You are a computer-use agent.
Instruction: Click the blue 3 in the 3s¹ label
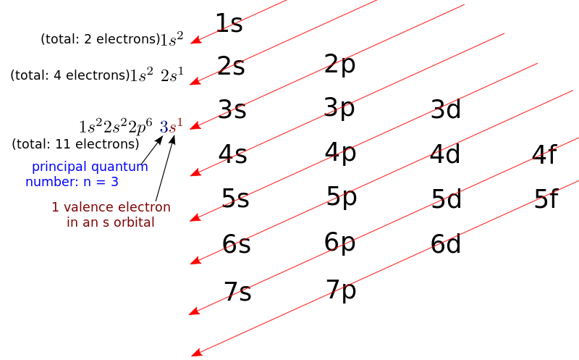click(164, 127)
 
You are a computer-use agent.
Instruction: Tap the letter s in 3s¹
click(172, 129)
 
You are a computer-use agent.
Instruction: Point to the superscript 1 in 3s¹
click(179, 122)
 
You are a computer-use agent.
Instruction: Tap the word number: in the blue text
click(49, 183)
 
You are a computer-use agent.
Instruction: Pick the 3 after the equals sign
click(114, 182)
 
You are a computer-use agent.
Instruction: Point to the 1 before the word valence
click(55, 207)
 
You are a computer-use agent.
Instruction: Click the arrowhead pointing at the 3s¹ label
click(193, 127)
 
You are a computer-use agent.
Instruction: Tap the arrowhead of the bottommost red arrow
click(193, 354)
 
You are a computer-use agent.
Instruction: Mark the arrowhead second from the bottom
click(192, 312)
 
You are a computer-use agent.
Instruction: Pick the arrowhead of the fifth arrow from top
click(193, 217)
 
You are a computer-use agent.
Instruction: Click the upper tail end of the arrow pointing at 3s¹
click(463, 6)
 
